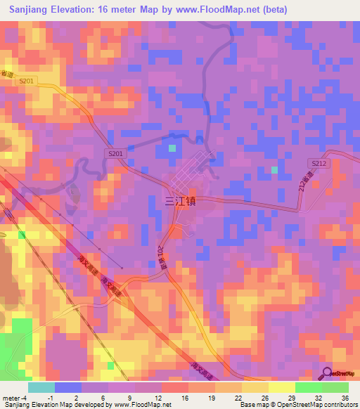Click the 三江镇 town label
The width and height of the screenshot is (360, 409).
pyautogui.click(x=179, y=201)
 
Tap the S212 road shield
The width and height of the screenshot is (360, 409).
pyautogui.click(x=319, y=163)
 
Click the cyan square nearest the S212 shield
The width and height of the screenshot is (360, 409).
pyautogui.click(x=275, y=170)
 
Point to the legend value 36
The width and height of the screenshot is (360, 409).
pyautogui.click(x=345, y=398)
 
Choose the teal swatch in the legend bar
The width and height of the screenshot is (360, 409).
pyautogui.click(x=41, y=387)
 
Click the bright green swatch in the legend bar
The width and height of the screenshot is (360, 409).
pyautogui.click(x=308, y=387)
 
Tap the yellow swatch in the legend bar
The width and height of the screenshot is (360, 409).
pyautogui.click(x=255, y=387)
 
